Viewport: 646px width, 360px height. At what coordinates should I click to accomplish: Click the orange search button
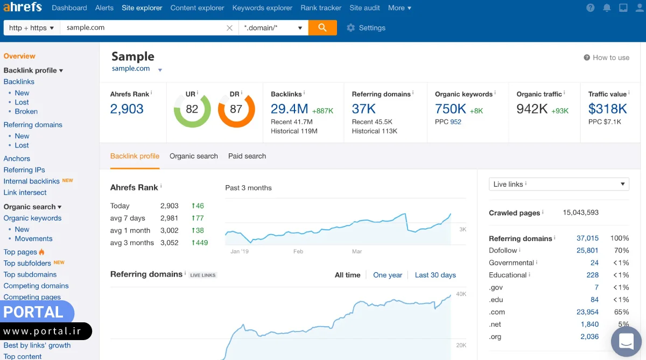pos(322,27)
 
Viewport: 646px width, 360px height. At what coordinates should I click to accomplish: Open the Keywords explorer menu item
pos(262,8)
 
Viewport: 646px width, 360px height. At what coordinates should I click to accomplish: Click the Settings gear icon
pos(351,28)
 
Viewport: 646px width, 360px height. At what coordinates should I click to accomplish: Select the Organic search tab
pos(193,156)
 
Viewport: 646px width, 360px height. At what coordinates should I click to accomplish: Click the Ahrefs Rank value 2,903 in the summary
pos(127,109)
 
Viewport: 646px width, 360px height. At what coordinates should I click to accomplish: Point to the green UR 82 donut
pos(192,109)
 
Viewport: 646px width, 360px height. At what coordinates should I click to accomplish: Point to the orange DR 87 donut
pos(236,109)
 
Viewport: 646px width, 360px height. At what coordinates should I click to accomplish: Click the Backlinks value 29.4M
pos(289,109)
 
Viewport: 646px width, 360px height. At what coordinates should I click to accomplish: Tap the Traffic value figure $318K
pos(607,109)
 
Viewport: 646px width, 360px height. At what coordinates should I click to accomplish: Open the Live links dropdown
pos(558,184)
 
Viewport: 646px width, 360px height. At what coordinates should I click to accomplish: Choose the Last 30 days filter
pos(435,275)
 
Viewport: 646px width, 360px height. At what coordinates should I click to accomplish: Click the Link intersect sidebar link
pos(25,193)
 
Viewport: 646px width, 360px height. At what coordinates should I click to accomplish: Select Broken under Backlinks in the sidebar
pos(26,111)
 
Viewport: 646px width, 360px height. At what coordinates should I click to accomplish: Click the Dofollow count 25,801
pos(587,250)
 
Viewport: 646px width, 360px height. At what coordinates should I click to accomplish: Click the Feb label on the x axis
pos(298,251)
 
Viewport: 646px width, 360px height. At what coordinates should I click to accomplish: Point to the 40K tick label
pos(461,294)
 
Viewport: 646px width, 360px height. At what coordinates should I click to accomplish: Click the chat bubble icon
pos(626,341)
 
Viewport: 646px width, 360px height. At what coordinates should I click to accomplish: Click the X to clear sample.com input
pos(230,28)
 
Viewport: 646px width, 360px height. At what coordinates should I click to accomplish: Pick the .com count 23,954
pos(587,312)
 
